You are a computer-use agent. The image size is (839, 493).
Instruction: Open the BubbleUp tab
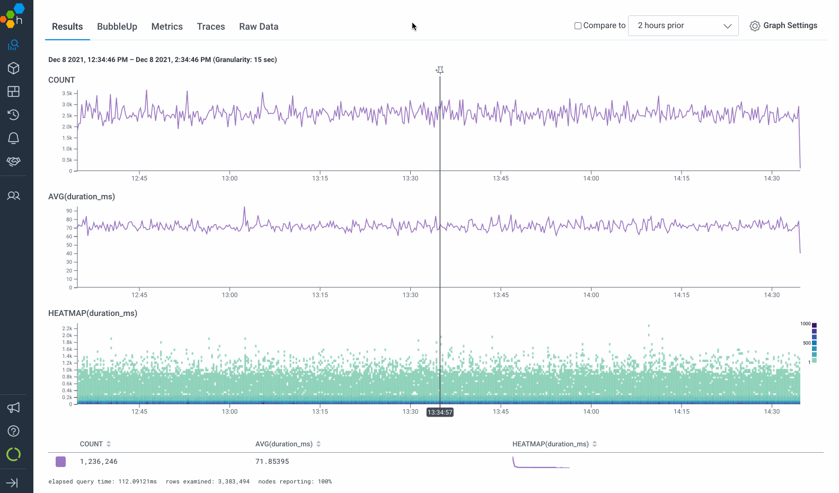point(117,27)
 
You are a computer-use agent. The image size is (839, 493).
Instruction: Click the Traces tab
point(210,27)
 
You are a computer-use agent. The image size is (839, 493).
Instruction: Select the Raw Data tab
point(258,27)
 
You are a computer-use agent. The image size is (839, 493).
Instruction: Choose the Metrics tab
point(167,27)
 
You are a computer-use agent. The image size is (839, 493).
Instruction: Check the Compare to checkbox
point(578,25)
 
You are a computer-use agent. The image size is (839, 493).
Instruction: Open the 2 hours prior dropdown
point(683,25)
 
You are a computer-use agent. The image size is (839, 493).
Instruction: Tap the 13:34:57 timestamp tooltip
point(440,412)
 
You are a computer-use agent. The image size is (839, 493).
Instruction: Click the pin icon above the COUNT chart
point(440,70)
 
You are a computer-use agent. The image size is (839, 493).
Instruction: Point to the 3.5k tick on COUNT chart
point(67,93)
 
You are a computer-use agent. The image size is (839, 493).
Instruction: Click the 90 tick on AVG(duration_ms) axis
point(69,211)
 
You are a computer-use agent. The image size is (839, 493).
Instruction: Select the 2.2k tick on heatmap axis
point(67,329)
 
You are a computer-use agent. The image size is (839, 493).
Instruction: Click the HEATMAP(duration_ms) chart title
point(92,313)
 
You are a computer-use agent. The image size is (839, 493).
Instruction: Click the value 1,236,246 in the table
point(99,462)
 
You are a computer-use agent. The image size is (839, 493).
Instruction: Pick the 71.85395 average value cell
point(272,462)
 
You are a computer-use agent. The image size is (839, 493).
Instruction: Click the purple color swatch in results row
point(60,462)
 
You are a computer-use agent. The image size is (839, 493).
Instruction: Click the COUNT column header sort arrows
point(109,444)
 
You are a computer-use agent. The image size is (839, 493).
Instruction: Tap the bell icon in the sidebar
point(14,138)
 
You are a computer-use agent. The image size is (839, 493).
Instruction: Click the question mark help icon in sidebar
point(14,431)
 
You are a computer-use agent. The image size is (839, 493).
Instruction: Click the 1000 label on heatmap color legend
point(805,324)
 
